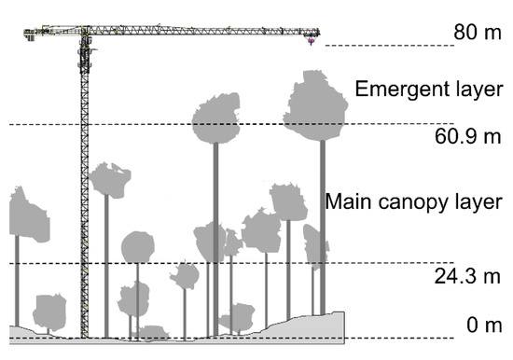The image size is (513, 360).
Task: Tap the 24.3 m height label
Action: click(469, 277)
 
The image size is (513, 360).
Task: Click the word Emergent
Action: click(395, 90)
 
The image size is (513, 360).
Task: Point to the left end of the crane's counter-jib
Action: click(28, 35)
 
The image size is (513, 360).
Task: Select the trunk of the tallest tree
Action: click(322, 233)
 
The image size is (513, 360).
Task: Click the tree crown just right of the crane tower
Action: click(111, 179)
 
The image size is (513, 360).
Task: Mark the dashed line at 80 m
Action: click(382, 46)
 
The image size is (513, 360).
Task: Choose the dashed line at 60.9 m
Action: click(140, 124)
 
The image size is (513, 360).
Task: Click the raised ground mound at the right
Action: click(317, 326)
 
